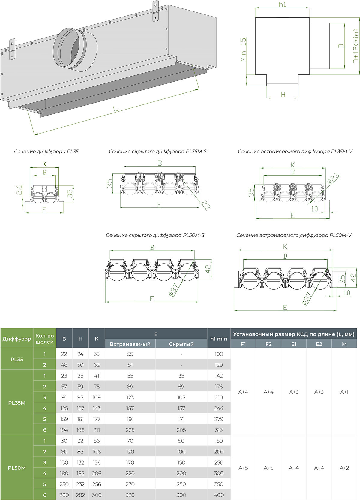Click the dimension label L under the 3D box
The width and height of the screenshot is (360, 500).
pyautogui.click(x=115, y=109)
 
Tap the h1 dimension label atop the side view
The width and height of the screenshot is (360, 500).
pyautogui.click(x=282, y=5)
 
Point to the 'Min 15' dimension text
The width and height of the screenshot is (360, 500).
pyautogui.click(x=243, y=50)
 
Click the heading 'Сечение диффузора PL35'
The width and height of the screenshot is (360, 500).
pyautogui.click(x=46, y=152)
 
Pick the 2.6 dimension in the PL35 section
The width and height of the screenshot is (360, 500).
pyautogui.click(x=19, y=190)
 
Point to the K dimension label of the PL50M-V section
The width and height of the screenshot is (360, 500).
pyautogui.click(x=285, y=247)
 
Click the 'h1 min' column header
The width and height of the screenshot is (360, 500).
pyautogui.click(x=219, y=339)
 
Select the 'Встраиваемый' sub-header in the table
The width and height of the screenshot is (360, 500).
pyautogui.click(x=130, y=344)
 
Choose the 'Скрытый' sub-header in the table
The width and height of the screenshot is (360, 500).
pyautogui.click(x=181, y=344)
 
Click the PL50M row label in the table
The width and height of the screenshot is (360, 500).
pyautogui.click(x=17, y=468)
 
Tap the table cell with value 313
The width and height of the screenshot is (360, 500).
pyautogui.click(x=219, y=430)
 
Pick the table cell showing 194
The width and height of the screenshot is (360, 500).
pyautogui.click(x=64, y=430)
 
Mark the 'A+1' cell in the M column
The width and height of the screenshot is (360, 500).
pyautogui.click(x=344, y=392)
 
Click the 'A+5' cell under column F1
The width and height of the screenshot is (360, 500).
pyautogui.click(x=243, y=468)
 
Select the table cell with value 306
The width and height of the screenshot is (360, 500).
pyautogui.click(x=97, y=495)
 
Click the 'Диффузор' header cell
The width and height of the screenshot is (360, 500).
pyautogui.click(x=17, y=339)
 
